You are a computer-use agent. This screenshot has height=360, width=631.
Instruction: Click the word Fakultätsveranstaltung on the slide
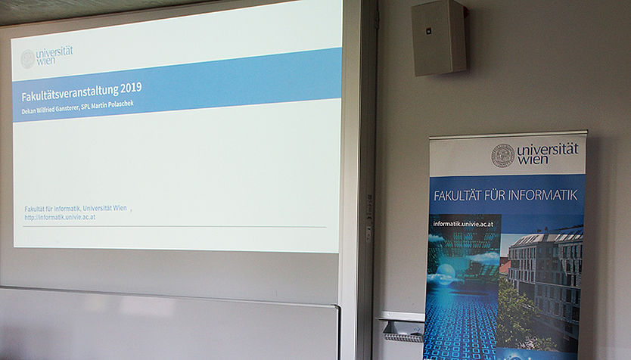(70, 92)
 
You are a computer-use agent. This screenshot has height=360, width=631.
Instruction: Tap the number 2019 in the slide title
(131, 87)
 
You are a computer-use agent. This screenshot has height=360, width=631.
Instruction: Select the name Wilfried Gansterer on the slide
(58, 110)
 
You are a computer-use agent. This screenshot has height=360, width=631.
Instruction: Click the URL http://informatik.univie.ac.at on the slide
(60, 217)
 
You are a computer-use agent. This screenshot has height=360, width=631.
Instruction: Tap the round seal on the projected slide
(28, 59)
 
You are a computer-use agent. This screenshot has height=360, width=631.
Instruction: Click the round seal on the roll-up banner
(502, 156)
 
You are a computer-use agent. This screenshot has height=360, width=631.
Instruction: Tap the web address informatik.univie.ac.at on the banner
(463, 224)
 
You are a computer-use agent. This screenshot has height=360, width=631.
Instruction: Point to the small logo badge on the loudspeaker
(429, 30)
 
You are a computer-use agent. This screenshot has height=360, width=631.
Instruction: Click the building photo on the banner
(541, 287)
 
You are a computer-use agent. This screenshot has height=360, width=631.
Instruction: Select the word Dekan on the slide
(28, 111)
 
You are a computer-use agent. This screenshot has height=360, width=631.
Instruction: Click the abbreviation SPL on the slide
(85, 107)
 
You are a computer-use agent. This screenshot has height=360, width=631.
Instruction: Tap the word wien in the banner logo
(533, 160)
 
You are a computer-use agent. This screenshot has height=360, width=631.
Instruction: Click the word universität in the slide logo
(54, 53)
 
